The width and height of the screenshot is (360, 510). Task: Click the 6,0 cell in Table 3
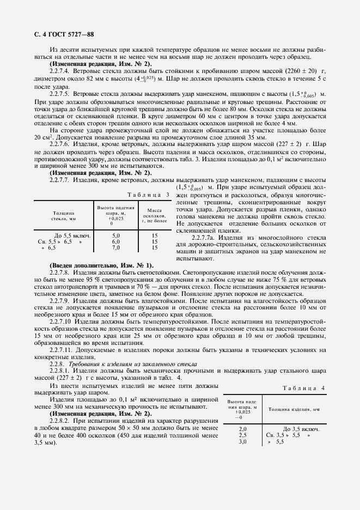115,241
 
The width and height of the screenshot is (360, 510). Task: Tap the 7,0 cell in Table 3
115,247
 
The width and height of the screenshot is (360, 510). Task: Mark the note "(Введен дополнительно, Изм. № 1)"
101,265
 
